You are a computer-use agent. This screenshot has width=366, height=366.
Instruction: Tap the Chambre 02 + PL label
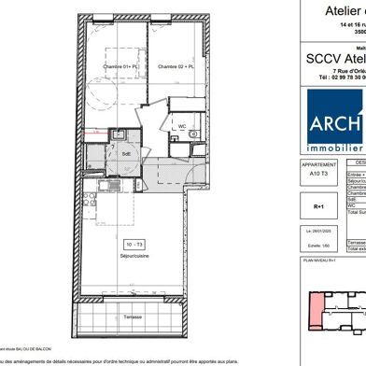(x=175, y=65)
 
